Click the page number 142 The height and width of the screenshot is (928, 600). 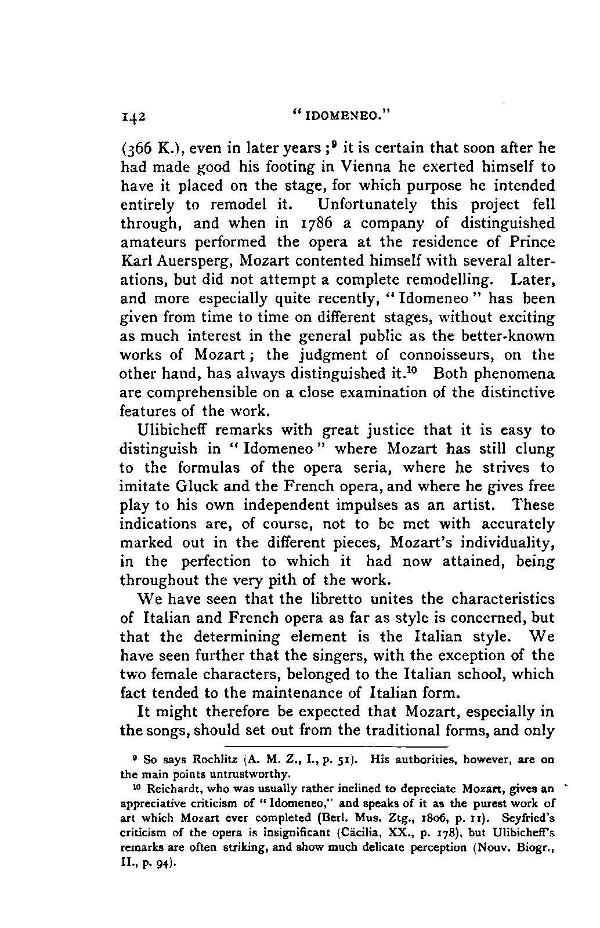click(x=133, y=114)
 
